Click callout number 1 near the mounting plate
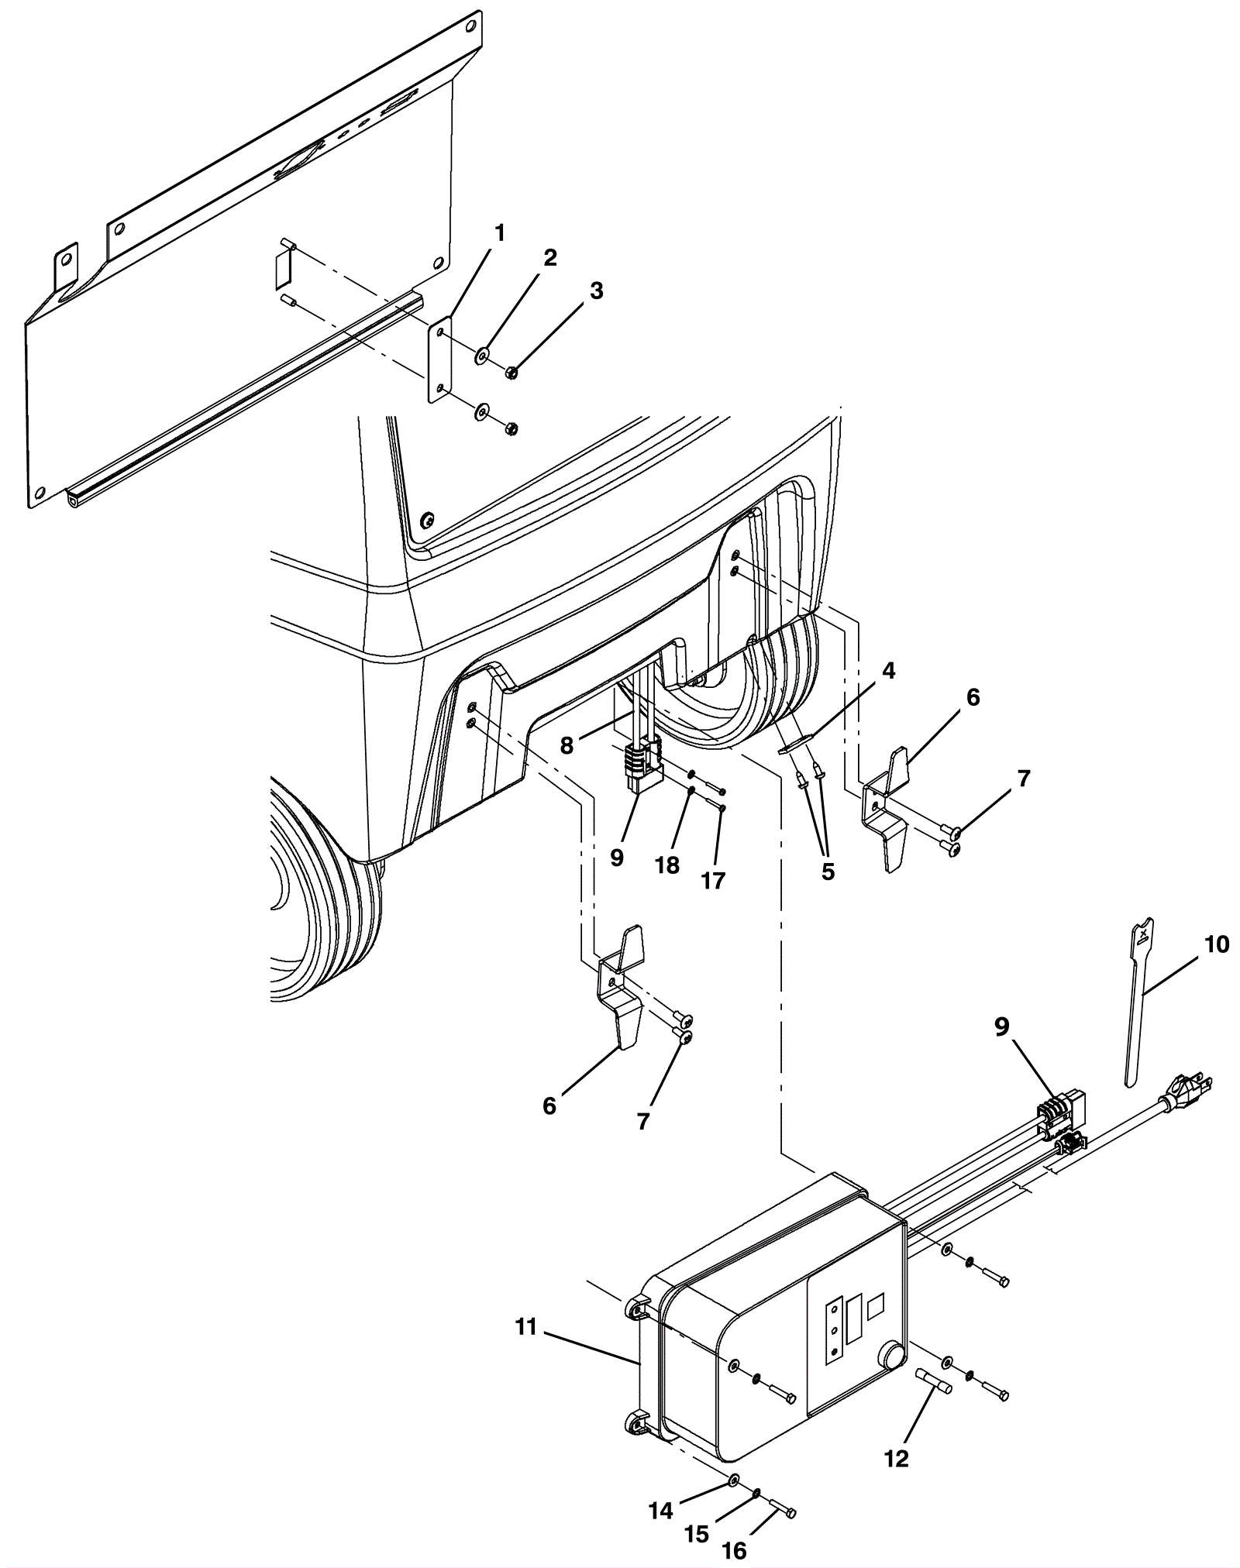pos(500,232)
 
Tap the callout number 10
pos(1217,944)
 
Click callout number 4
pos(888,671)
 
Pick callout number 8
pos(567,745)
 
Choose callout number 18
pos(667,865)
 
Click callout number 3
pos(596,291)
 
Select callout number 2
pos(549,258)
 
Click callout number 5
pos(828,871)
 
